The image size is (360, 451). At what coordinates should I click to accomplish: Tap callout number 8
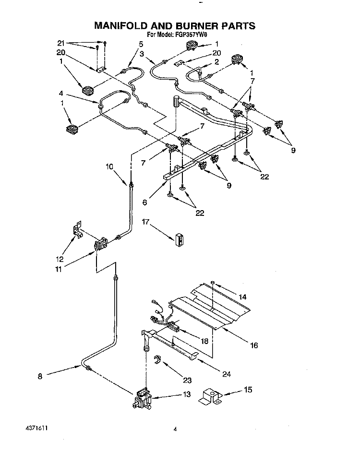[x=41, y=377]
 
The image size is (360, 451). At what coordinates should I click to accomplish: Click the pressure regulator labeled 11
[x=100, y=246]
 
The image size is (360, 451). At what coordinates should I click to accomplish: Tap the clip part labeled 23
[x=156, y=360]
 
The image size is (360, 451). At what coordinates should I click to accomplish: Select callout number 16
[x=254, y=344]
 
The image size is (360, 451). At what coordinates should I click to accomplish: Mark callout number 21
[x=61, y=43]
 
